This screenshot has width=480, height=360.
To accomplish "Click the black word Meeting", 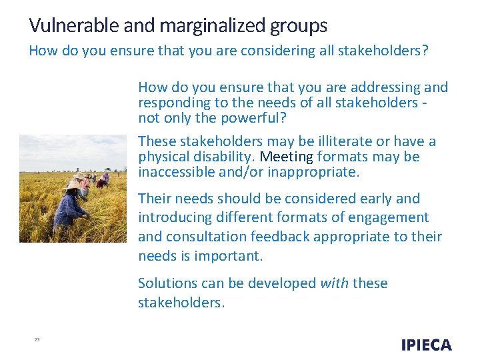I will click(x=286, y=157).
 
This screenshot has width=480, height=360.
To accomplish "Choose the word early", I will click(x=377, y=199).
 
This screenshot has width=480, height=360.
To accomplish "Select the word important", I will click(x=229, y=256).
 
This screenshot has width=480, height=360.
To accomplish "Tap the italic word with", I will click(x=334, y=283).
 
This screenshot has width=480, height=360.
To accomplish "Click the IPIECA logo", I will click(x=426, y=345).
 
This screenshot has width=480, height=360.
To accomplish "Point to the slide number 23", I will click(x=37, y=340).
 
